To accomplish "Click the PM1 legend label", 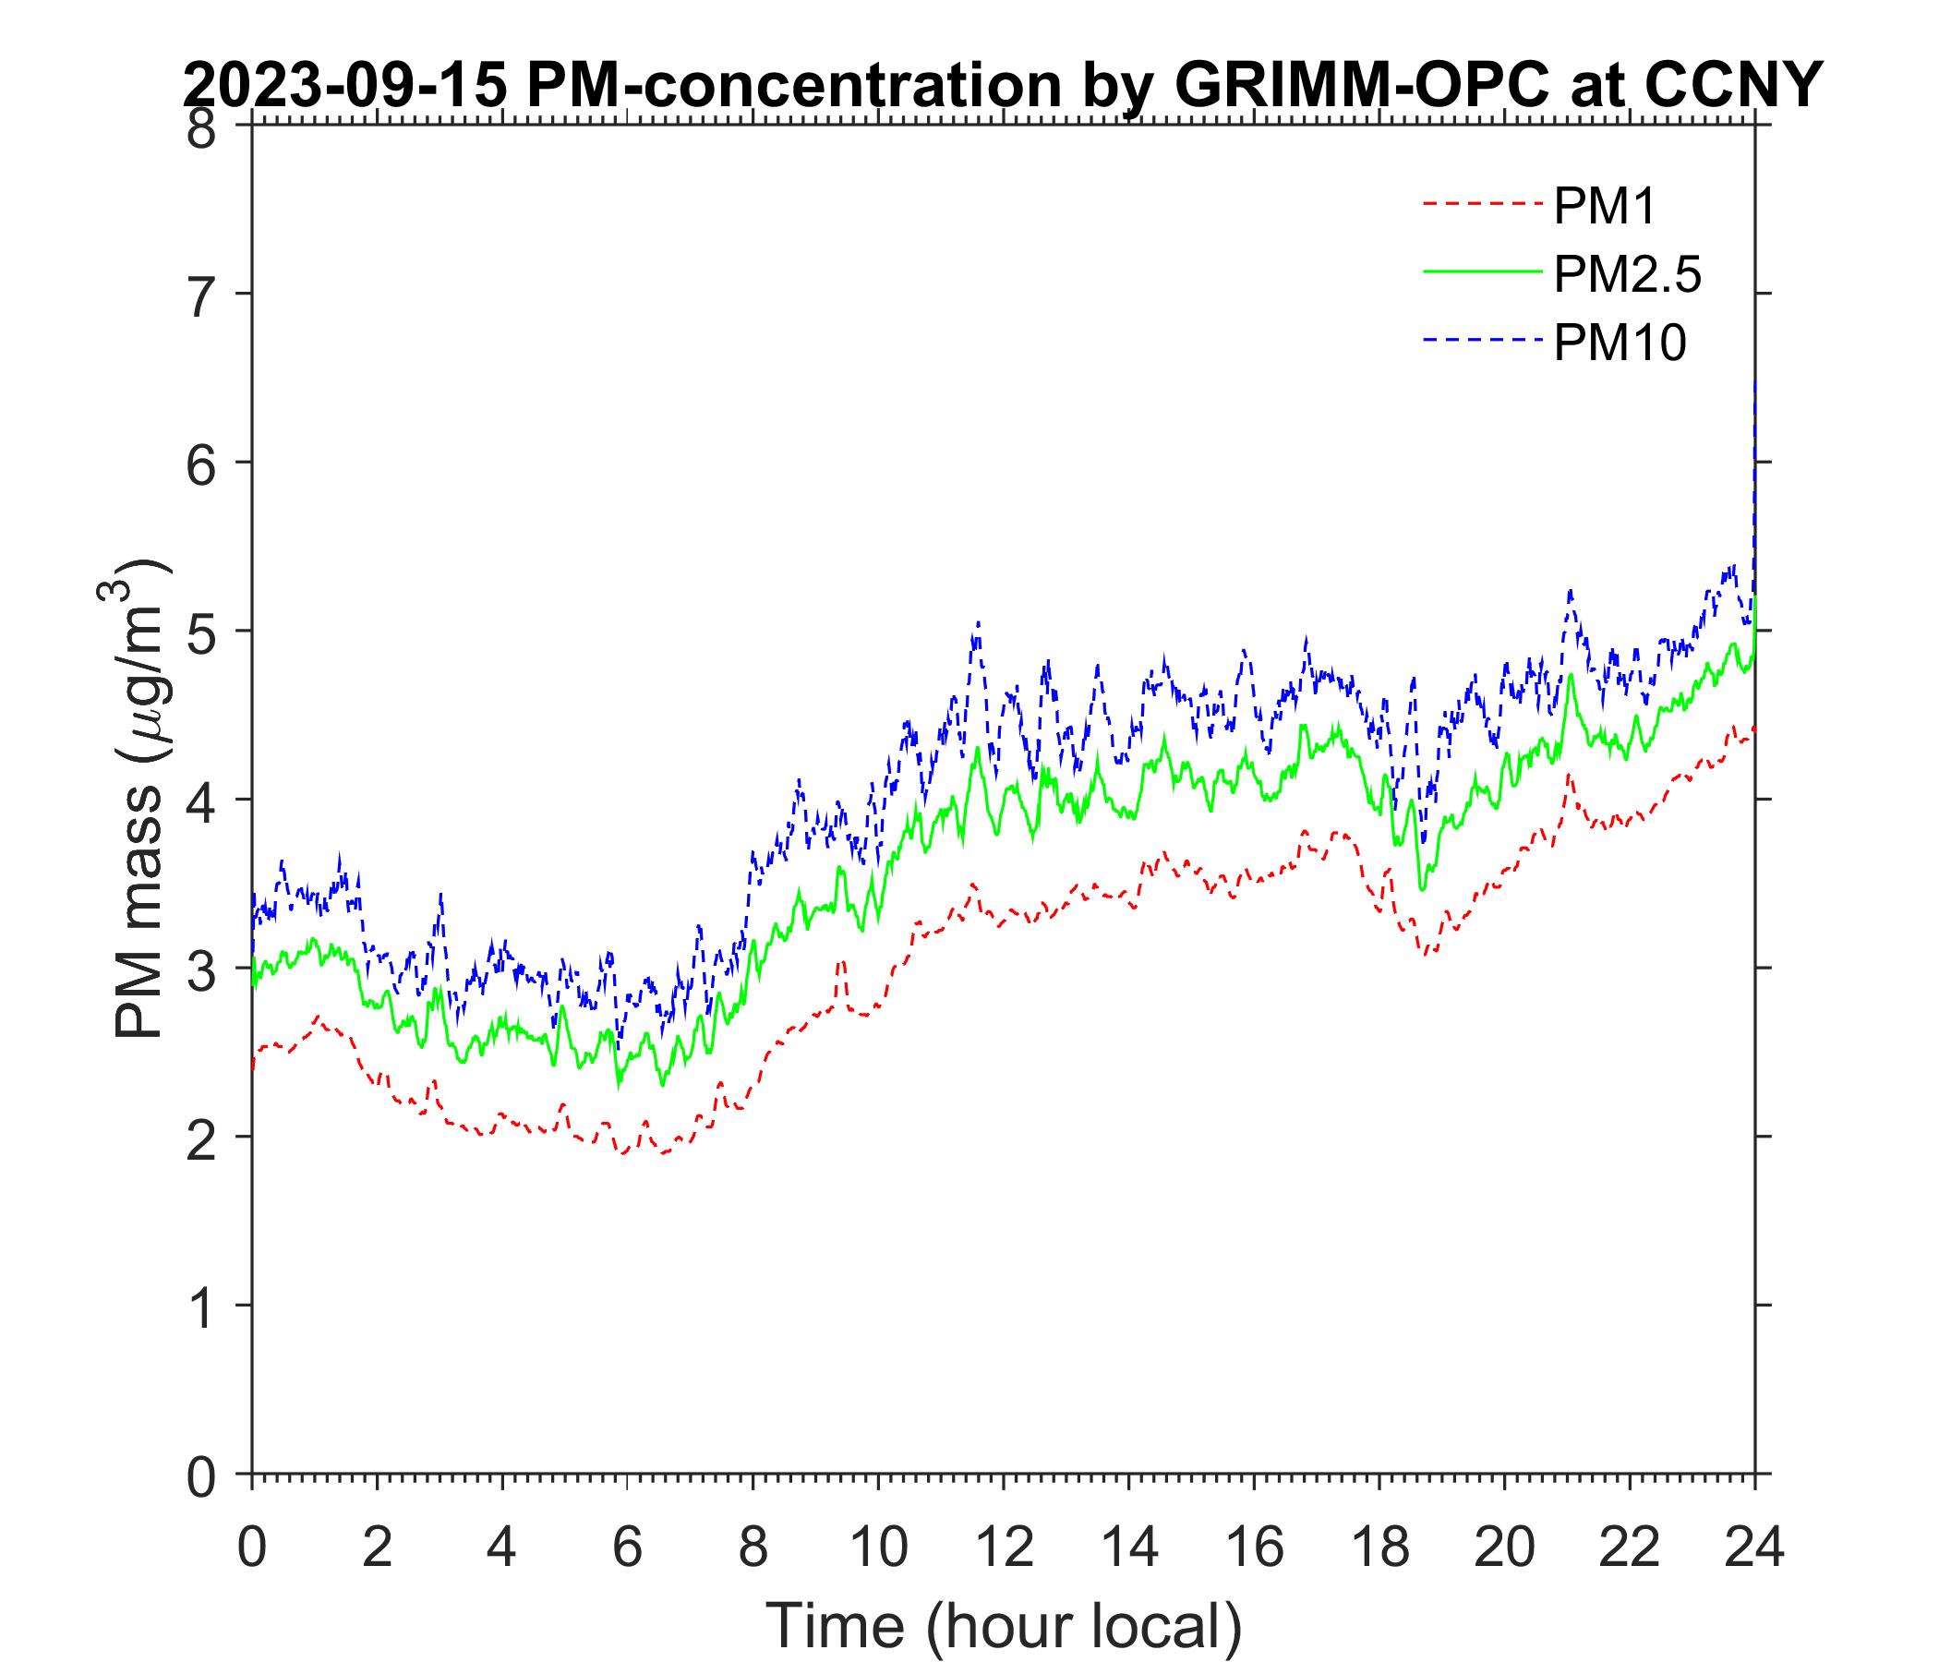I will click(1604, 206).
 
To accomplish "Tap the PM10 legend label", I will click(1619, 343).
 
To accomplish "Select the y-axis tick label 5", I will click(201, 632).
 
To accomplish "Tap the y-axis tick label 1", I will click(201, 1307).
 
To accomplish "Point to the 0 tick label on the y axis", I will click(201, 1476).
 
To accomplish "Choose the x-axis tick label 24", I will click(1754, 1548).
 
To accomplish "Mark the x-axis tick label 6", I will click(627, 1548).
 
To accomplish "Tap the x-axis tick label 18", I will click(1379, 1548).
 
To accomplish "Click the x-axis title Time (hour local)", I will click(1005, 1625).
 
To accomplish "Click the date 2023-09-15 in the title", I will click(346, 86).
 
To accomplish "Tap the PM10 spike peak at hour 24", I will click(1754, 384).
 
